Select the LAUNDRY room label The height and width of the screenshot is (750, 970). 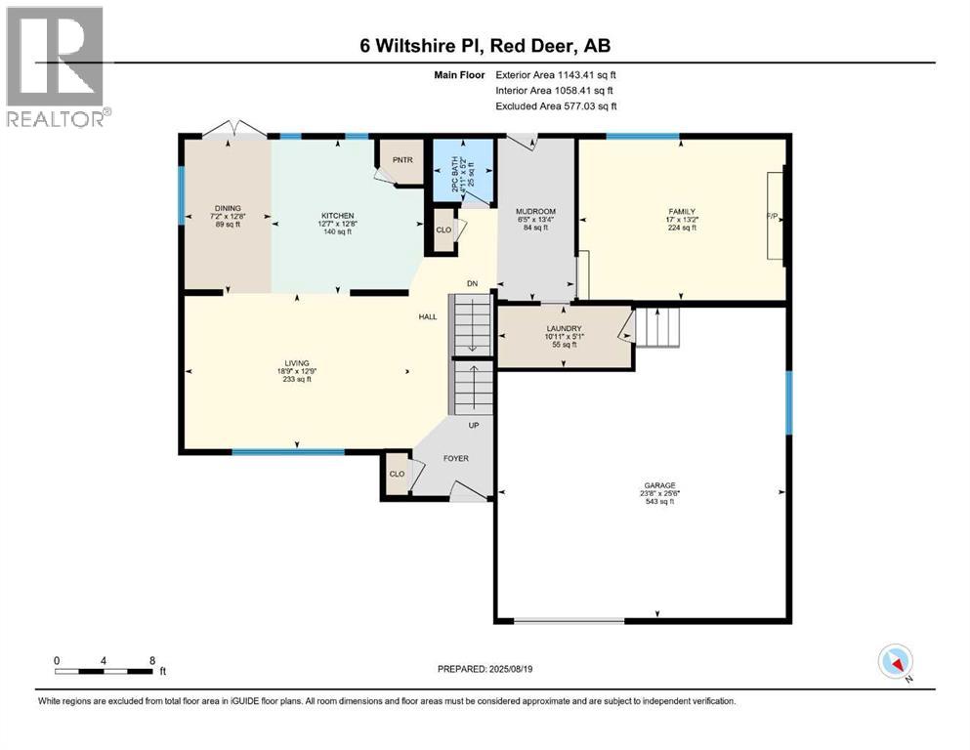[x=564, y=329]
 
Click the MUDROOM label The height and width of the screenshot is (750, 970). [x=535, y=212]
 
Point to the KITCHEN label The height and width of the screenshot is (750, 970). [x=338, y=216]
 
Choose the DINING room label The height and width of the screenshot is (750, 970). [x=227, y=208]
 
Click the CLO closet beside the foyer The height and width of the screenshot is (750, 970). [x=397, y=474]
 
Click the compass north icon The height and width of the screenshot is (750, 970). [x=895, y=662]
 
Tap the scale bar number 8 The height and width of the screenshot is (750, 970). [x=151, y=659]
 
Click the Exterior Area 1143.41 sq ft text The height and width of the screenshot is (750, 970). [x=556, y=74]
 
